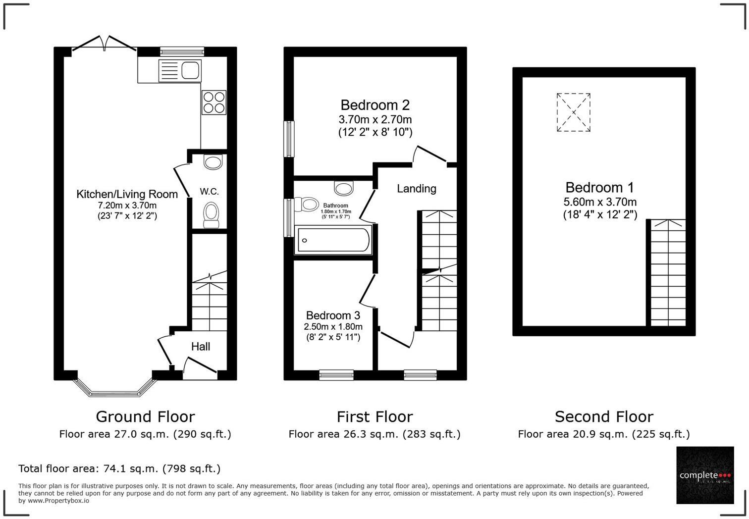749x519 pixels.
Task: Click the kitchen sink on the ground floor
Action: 179,70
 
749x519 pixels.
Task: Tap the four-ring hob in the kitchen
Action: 214,103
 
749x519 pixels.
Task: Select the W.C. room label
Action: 209,192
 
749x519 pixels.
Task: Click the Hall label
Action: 201,347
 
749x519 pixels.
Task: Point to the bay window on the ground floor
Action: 114,390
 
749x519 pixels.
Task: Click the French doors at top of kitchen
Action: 104,44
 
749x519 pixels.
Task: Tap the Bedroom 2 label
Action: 375,105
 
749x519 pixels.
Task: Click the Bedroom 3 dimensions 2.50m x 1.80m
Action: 333,327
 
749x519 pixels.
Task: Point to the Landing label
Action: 416,189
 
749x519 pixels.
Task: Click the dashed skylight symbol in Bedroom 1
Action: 573,112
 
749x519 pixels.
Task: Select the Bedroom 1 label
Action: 599,188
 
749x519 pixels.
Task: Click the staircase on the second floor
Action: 667,272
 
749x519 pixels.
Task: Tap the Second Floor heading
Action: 603,416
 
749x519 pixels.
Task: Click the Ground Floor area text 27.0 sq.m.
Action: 145,434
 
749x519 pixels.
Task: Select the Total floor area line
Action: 119,468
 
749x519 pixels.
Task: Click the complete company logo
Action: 704,475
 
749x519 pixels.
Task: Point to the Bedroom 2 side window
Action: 288,139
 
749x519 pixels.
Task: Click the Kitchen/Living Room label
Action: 127,194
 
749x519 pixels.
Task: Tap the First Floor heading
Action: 374,416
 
